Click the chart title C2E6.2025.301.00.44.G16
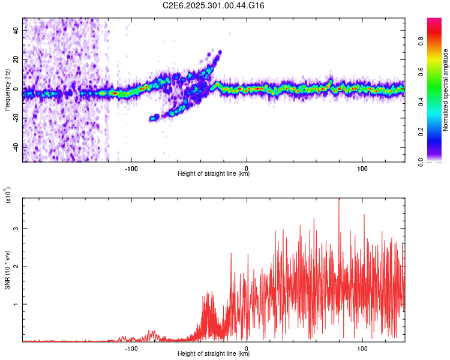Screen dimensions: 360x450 coord(214,5)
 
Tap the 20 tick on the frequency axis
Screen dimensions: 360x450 coord(16,59)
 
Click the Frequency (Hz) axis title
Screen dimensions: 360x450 coord(7,89)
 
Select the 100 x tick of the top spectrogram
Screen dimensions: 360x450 coord(362,168)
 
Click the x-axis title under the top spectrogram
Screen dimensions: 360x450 coord(214,174)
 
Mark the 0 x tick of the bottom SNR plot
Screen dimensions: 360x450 coord(247,347)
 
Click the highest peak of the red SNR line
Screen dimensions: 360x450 coord(339,199)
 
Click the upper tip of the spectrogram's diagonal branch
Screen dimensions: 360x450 coord(220,52)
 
